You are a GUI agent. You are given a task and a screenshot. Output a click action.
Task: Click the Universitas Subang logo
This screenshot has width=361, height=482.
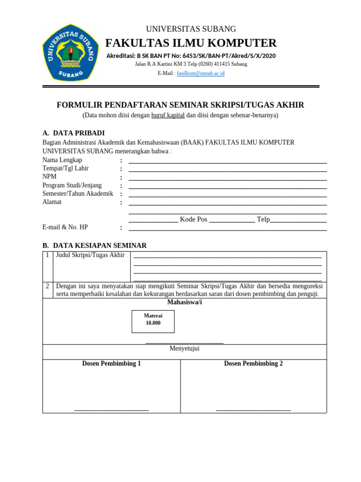click(71, 52)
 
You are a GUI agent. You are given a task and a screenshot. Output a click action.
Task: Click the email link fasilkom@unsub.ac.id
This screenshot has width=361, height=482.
click(200, 73)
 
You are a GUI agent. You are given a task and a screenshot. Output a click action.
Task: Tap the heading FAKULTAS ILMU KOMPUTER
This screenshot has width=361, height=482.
click(191, 43)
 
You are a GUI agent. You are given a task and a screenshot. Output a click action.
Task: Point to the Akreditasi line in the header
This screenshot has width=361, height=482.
click(191, 56)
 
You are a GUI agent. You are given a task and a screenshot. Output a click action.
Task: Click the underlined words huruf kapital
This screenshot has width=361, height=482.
click(168, 115)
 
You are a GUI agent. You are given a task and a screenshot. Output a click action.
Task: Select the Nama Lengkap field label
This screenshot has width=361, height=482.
click(62, 160)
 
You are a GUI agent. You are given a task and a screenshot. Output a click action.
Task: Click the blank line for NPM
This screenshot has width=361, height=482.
click(228, 179)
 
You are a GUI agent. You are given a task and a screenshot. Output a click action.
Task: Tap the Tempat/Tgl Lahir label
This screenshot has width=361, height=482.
click(65, 169)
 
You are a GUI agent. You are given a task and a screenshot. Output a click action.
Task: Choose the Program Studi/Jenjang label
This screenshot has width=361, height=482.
click(72, 185)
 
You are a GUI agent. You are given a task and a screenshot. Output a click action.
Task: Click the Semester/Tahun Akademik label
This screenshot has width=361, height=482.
click(78, 193)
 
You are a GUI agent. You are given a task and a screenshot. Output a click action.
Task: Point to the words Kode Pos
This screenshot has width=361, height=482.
click(193, 219)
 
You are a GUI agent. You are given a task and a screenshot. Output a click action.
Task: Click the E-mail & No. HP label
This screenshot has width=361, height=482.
click(65, 227)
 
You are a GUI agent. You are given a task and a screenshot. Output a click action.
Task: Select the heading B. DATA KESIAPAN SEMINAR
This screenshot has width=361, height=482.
click(94, 245)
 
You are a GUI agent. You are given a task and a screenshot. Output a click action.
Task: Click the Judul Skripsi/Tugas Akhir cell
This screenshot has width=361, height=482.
click(90, 255)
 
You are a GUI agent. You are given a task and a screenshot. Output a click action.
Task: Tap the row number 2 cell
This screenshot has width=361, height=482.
click(47, 286)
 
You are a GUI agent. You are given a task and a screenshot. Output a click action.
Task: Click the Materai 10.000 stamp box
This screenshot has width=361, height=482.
click(153, 321)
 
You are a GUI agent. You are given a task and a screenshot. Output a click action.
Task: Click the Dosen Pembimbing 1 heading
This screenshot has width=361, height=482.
click(111, 363)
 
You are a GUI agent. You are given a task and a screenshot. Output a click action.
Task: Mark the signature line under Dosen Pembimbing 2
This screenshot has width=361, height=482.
click(253, 410)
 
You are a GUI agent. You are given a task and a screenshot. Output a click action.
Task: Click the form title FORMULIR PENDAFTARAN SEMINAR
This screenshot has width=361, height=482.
click(180, 105)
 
